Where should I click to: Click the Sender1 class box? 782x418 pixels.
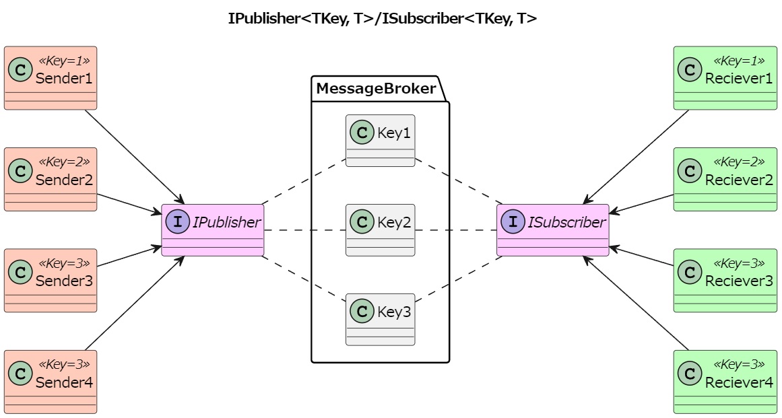pos(51,78)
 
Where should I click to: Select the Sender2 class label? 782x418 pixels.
pos(64,180)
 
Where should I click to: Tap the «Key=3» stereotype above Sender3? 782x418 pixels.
pos(64,263)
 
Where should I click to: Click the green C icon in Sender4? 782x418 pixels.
pos(20,374)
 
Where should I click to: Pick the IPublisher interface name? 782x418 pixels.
pos(226,222)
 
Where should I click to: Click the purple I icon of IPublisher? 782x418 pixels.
pos(178,221)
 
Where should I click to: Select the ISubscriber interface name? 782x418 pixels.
pos(566,222)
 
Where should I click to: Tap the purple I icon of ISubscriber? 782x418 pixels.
pos(513,221)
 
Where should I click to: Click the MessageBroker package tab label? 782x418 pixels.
pos(376,89)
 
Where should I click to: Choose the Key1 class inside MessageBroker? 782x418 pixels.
pos(380,140)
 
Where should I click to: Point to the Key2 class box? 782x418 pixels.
pos(380,230)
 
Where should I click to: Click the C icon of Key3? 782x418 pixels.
pos(362,312)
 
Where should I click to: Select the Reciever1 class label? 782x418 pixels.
pos(739,79)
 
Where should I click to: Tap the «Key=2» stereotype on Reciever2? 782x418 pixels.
pos(739,162)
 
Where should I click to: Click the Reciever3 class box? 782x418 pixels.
pos(725,280)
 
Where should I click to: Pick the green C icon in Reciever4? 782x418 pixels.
pos(690,374)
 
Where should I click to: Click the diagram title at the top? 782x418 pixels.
pos(383,19)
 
